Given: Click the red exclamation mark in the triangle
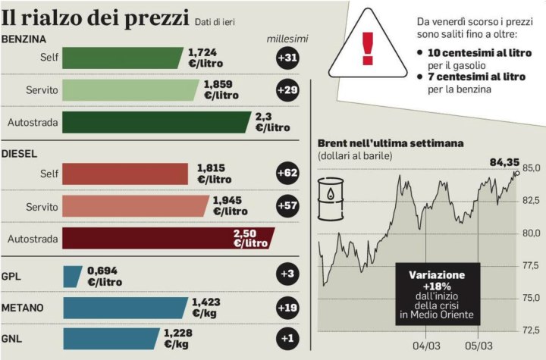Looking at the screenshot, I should coord(368,48).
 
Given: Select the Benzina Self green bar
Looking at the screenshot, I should coord(121,58).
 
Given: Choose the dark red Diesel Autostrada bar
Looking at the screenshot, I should coord(167,238).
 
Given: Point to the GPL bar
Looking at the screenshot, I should coord(72,277).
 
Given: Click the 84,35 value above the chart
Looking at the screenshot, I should coord(504,161).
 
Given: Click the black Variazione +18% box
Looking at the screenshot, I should coord(437,294).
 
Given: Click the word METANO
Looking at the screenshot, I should coord(23,308).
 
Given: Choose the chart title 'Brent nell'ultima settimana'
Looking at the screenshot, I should coord(391,142).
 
